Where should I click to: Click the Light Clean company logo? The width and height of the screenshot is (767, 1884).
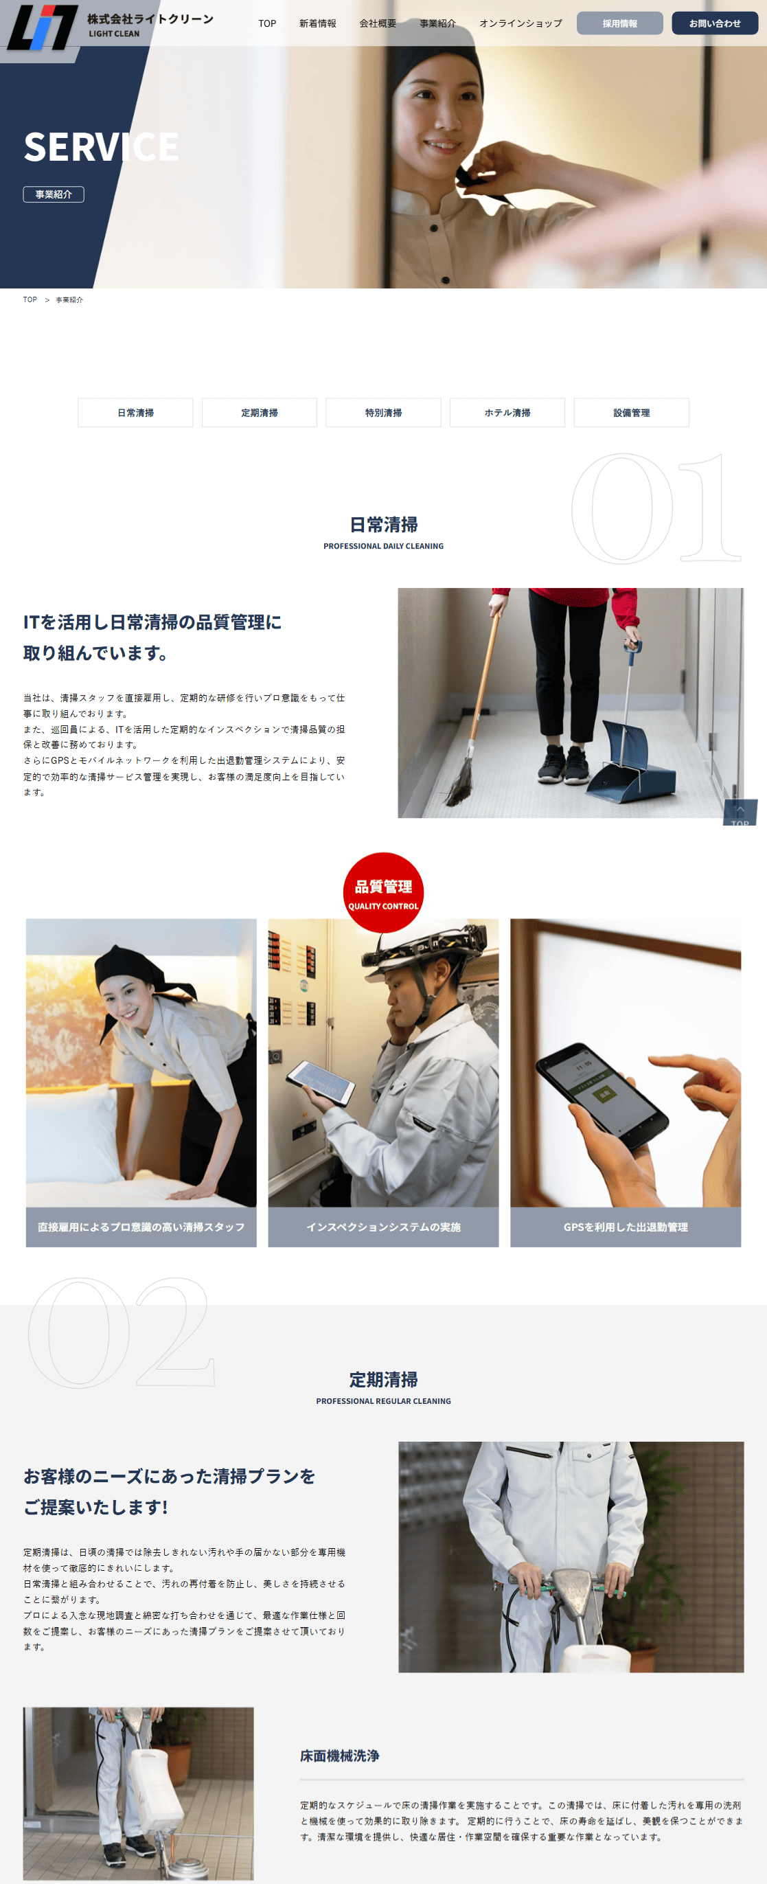(x=110, y=25)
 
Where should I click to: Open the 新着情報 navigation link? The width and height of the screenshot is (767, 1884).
(x=317, y=23)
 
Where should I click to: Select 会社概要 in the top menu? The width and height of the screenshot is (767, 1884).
(x=377, y=23)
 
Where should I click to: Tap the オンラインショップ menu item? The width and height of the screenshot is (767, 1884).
(x=520, y=23)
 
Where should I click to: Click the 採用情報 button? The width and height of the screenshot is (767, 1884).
(x=619, y=23)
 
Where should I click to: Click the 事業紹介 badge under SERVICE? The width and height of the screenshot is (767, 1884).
(x=54, y=194)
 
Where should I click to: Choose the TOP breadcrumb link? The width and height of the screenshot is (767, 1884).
(x=30, y=300)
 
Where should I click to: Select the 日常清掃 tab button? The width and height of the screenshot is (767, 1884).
(x=135, y=413)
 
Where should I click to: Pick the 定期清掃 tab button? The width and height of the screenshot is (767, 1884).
(x=260, y=413)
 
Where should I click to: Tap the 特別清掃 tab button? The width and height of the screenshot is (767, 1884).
(x=383, y=413)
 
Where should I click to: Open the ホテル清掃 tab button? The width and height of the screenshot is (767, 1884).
(x=507, y=413)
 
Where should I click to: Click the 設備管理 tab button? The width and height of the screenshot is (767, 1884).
(x=631, y=413)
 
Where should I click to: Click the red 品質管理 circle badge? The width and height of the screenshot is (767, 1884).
(x=383, y=892)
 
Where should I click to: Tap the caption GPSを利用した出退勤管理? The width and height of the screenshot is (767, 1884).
(x=625, y=1227)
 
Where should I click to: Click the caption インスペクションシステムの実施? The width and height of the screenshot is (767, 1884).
(x=383, y=1227)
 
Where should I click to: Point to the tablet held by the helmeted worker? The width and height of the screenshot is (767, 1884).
(x=320, y=1082)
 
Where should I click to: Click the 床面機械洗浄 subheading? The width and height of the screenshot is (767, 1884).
(x=339, y=1756)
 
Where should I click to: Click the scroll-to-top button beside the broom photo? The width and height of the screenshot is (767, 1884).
(x=740, y=813)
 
